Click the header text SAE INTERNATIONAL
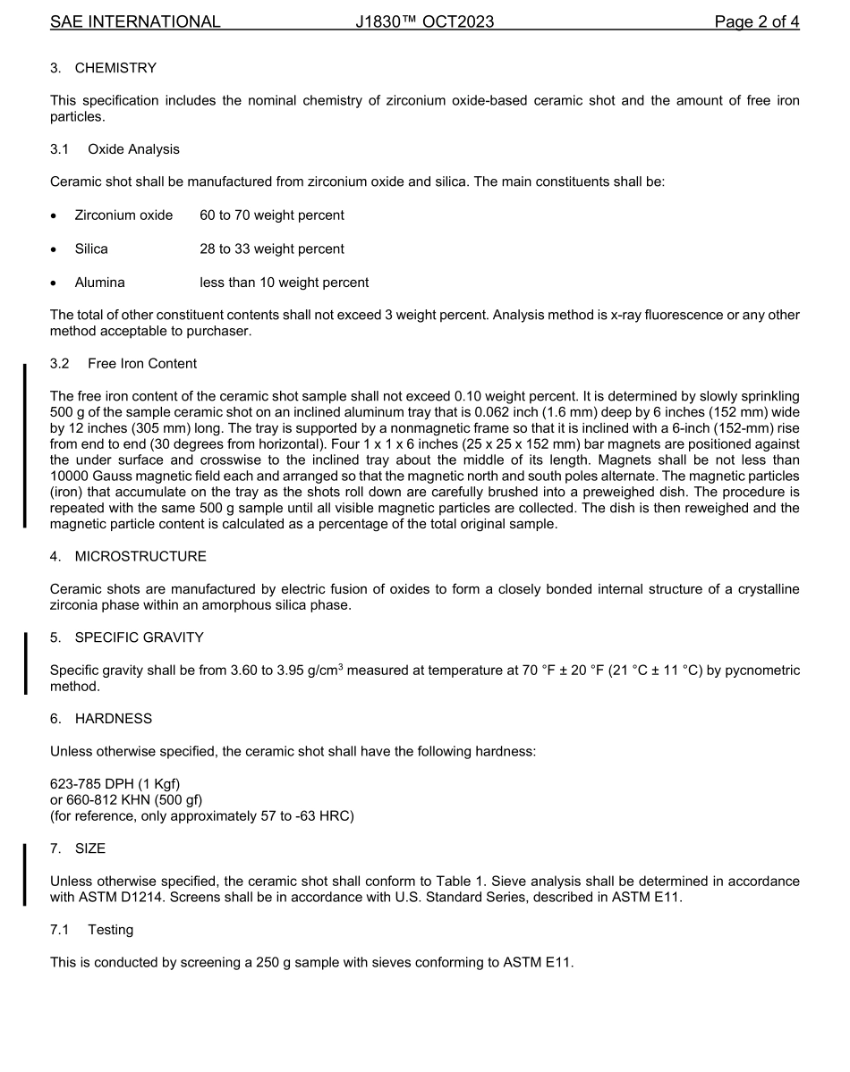click(135, 21)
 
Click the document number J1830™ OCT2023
click(424, 21)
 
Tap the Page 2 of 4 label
click(756, 21)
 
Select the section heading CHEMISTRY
click(115, 68)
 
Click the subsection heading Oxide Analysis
click(133, 149)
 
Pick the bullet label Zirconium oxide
click(123, 215)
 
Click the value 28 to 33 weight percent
click(271, 249)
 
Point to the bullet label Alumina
click(99, 283)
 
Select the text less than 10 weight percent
click(284, 283)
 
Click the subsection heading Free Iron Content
click(142, 364)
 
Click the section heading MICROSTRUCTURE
click(140, 556)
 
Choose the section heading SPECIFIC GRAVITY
click(139, 637)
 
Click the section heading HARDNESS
click(113, 719)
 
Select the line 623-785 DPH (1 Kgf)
click(115, 784)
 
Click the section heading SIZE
click(89, 848)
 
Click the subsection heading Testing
click(110, 930)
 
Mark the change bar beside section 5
click(25, 663)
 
